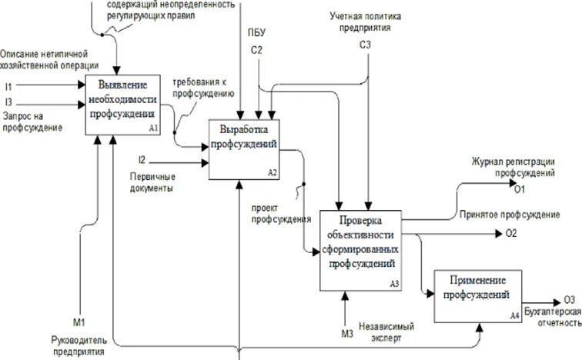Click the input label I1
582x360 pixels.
point(8,86)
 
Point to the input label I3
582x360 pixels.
point(8,102)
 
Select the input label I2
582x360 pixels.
point(141,160)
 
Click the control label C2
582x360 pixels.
point(257,51)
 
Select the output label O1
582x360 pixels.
point(520,189)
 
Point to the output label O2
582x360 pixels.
point(510,232)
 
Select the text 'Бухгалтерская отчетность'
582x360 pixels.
point(552,318)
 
